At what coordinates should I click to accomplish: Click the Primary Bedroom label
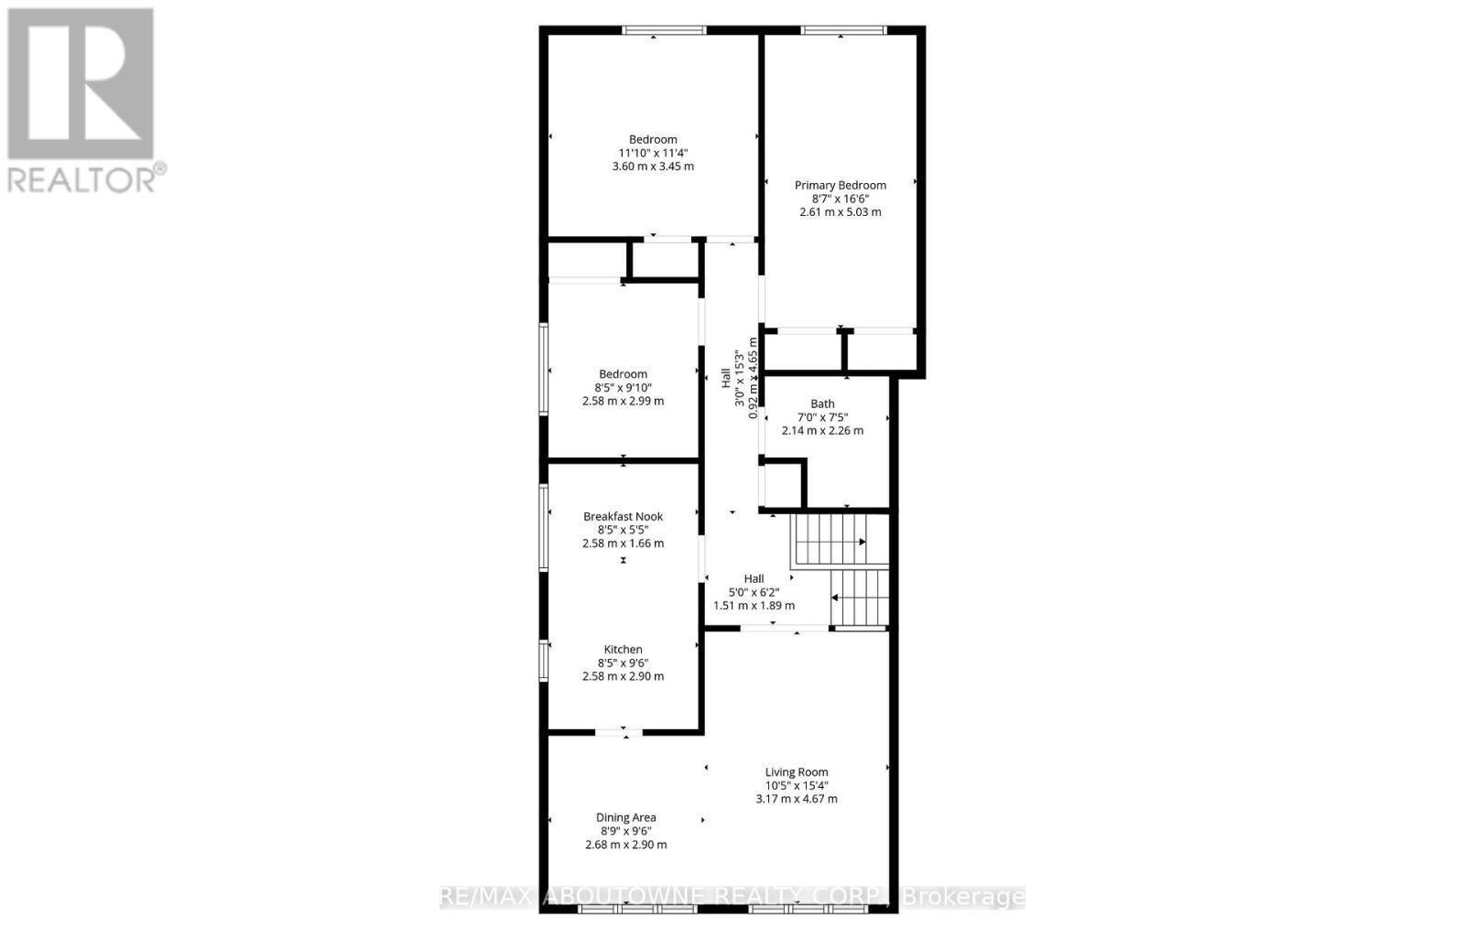pos(840,185)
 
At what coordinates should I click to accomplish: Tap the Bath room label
pos(822,404)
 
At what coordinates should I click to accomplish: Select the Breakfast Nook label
pos(623,516)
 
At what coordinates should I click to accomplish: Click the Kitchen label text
pos(623,650)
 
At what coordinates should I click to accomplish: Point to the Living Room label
pos(797,772)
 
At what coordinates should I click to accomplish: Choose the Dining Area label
pos(625,818)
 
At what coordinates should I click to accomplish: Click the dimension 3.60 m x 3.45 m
pos(653,167)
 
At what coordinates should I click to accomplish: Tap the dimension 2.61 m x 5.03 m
pos(840,211)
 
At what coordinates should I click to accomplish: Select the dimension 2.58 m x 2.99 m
pos(623,401)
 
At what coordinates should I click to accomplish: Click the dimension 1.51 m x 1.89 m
pos(754,605)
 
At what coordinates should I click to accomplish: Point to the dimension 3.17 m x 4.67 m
pos(797,799)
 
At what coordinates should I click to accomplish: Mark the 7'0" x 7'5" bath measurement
pos(822,416)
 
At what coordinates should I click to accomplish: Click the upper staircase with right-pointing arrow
pos(830,541)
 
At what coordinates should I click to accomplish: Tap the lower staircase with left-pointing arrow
pos(860,598)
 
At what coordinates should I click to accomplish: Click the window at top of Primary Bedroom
pos(843,30)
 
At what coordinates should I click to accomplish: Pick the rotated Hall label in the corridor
pos(726,376)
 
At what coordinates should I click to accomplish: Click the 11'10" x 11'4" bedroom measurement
pos(653,153)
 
